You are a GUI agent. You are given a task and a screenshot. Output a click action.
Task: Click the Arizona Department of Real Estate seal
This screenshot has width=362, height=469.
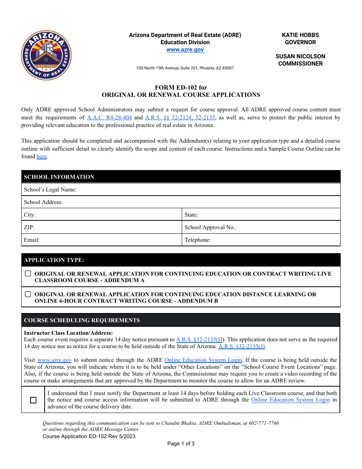[x=46, y=55]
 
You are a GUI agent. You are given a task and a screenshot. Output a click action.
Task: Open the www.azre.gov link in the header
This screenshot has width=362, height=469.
[x=185, y=50]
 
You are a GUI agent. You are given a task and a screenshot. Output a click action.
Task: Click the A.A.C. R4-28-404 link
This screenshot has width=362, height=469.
[x=109, y=117]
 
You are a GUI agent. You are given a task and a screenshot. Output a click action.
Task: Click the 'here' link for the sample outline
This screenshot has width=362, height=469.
[x=42, y=156]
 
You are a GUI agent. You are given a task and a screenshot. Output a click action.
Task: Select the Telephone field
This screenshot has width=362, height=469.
[x=274, y=240]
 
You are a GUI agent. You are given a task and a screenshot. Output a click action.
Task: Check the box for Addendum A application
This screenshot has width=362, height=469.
[x=28, y=273]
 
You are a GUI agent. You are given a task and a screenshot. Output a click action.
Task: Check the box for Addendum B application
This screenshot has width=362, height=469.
[x=28, y=294]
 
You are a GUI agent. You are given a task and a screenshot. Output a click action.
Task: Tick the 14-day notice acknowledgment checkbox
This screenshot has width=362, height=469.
[x=33, y=400]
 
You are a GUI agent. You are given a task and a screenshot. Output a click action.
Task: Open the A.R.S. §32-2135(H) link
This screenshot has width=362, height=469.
[x=199, y=339]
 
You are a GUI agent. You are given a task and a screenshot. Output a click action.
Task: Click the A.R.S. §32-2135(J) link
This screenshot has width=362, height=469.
[x=242, y=346]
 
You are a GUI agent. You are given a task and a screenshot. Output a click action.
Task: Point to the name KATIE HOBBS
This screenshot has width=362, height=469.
[x=300, y=35]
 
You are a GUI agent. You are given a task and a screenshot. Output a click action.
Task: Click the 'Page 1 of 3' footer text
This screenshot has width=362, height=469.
[x=181, y=443]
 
